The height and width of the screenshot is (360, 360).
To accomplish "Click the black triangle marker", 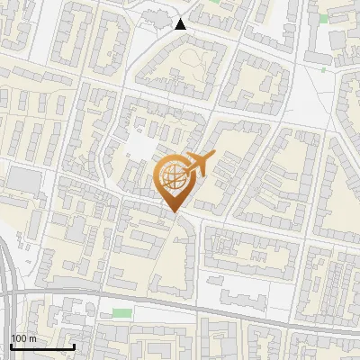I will coord(181,24).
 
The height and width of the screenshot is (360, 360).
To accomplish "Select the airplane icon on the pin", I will coord(197,166).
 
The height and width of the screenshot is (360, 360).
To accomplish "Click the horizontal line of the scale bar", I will coord(41,346).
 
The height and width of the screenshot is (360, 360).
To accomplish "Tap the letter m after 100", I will coord(33,338).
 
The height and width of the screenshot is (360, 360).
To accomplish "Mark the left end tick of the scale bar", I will coord(11,345).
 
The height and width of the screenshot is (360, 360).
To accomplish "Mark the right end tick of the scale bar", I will coord(73,345).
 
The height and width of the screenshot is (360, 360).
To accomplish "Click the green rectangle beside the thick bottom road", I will coord(121,312).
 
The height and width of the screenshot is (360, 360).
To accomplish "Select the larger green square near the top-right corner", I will coord(323,17).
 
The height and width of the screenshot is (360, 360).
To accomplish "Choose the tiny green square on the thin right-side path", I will coord(324,68).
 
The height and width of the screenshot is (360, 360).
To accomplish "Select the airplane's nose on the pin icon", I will coord(212,157).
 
